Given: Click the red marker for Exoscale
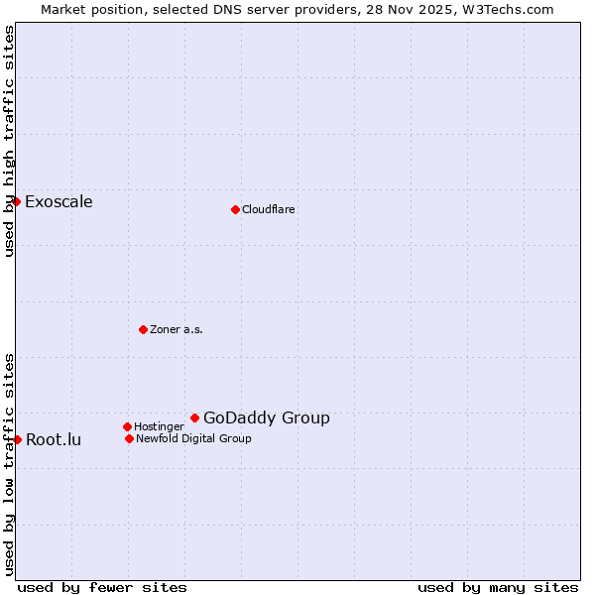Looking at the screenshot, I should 16,201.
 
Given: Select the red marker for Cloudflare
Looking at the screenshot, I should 235,209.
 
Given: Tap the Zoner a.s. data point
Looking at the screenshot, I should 143,329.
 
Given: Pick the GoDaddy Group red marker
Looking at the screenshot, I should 194,417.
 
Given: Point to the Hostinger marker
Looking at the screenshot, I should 127,426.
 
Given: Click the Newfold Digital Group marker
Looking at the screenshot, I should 129,438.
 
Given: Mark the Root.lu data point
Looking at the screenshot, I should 17,439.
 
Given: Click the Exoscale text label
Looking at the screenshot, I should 59,202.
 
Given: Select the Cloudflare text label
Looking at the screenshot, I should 269,209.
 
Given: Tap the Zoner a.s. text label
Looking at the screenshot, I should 177,329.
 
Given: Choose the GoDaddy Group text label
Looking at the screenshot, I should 267,418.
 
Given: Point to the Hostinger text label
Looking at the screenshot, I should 159,426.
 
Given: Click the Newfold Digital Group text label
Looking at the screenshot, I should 193,438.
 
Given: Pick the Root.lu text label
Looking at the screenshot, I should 54,440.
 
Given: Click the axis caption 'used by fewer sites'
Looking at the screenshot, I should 102,587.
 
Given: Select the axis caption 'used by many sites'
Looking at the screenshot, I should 498,587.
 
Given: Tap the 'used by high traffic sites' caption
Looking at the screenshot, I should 9,141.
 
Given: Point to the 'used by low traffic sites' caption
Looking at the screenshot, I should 9,464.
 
